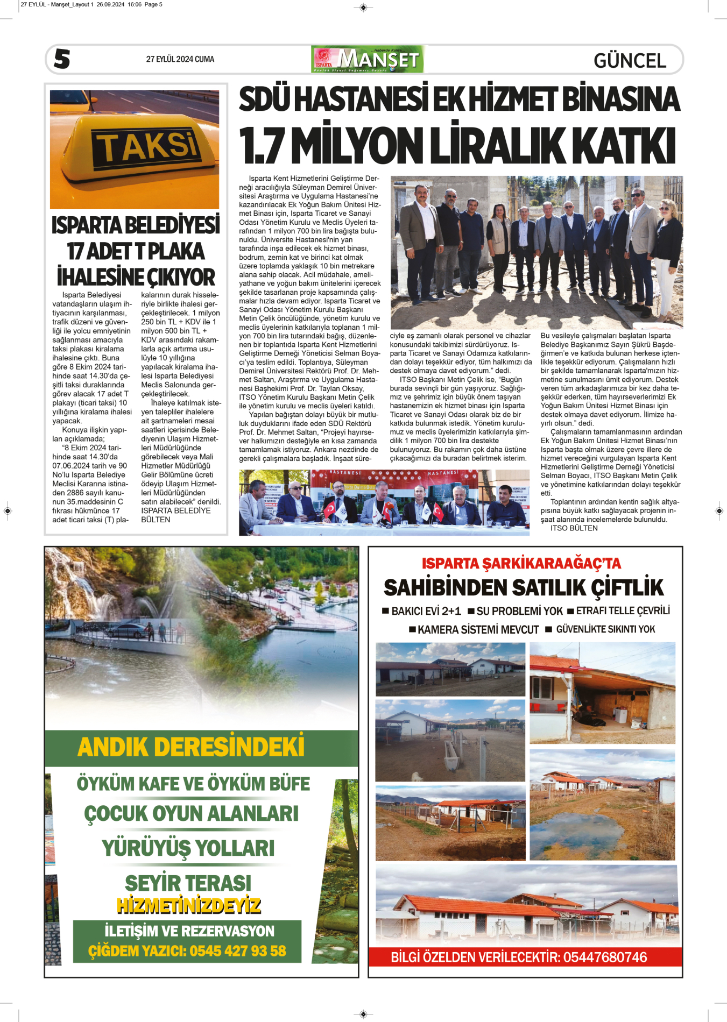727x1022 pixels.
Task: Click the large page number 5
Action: (x=62, y=59)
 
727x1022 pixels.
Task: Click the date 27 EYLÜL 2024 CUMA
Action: (x=180, y=59)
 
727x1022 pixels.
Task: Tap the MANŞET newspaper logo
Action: (x=367, y=59)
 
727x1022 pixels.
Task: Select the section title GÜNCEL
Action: (x=630, y=60)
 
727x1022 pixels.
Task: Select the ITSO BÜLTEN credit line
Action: (x=574, y=528)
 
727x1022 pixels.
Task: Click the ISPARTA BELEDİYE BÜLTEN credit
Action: (x=175, y=515)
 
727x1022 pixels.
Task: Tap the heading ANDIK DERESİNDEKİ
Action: (x=191, y=747)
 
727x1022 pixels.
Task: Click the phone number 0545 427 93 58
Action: (x=238, y=951)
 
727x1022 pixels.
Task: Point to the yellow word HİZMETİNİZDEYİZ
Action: (x=188, y=906)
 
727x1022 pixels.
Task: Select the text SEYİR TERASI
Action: (x=188, y=883)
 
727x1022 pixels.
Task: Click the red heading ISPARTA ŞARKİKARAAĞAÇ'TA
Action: (x=521, y=563)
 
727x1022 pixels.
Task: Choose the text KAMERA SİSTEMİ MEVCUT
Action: (x=478, y=629)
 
